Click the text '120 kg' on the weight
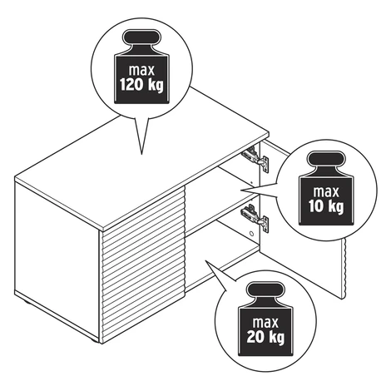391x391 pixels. [141, 85]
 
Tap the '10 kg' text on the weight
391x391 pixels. [326, 206]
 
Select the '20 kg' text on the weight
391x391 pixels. [265, 337]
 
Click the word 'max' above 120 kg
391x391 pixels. [141, 71]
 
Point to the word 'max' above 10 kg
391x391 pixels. [326, 192]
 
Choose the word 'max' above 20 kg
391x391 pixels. [265, 323]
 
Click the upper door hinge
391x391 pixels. [255, 159]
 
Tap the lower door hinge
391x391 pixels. [255, 218]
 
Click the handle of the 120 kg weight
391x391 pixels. [142, 37]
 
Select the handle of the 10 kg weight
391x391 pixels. [326, 159]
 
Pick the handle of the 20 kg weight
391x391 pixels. [265, 290]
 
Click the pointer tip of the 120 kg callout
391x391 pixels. [141, 154]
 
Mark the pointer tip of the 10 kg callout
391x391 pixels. [240, 191]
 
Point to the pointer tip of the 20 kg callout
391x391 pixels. [205, 260]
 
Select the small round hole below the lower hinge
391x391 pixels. [251, 234]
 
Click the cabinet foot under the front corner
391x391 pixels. [94, 340]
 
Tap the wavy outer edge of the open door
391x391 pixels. [344, 268]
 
